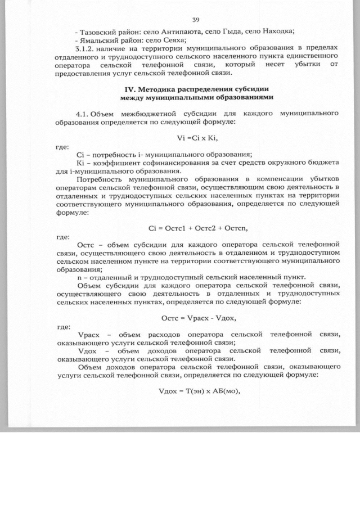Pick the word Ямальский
(x=98, y=40)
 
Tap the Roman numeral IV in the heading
(x=129, y=89)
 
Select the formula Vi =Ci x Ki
(x=196, y=137)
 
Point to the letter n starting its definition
(x=78, y=277)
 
